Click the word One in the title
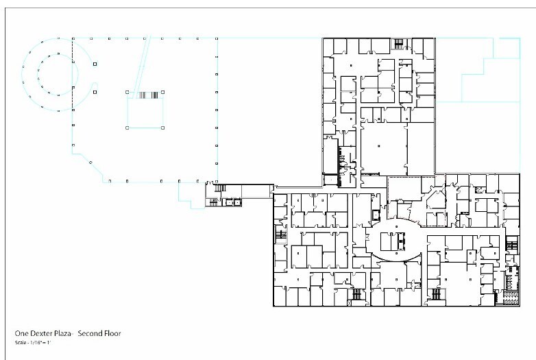(x=21, y=334)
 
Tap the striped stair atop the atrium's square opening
(x=149, y=95)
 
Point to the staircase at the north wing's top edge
(x=398, y=44)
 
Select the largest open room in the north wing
(x=383, y=147)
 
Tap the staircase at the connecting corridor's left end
(x=220, y=189)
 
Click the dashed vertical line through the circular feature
(x=73, y=82)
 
